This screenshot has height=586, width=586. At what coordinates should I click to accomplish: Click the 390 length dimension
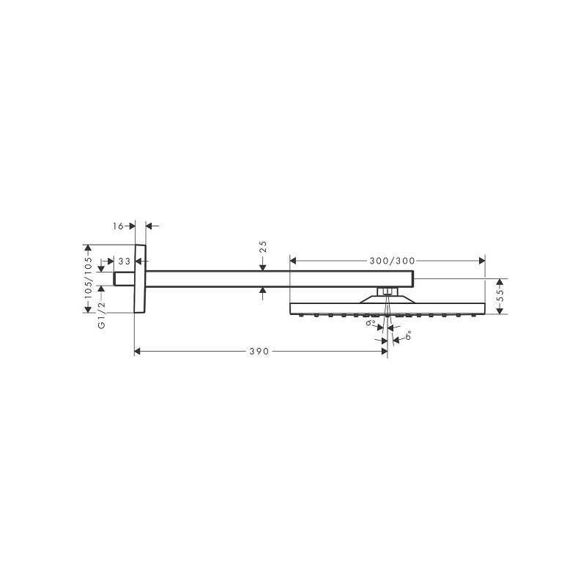tap(259, 352)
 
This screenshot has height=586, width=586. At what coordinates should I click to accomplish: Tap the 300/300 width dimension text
tap(392, 261)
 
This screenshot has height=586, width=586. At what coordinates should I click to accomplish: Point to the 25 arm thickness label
tap(263, 247)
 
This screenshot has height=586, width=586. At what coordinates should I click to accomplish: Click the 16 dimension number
tap(118, 226)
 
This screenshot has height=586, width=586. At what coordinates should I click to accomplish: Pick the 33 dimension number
tap(125, 261)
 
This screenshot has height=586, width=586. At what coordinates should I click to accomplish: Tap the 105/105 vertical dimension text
tap(88, 278)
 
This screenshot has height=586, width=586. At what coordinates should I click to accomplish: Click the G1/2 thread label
tap(101, 316)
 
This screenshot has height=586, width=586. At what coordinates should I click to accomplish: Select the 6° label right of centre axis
tap(408, 335)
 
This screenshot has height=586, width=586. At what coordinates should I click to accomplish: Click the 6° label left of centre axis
tap(371, 322)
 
